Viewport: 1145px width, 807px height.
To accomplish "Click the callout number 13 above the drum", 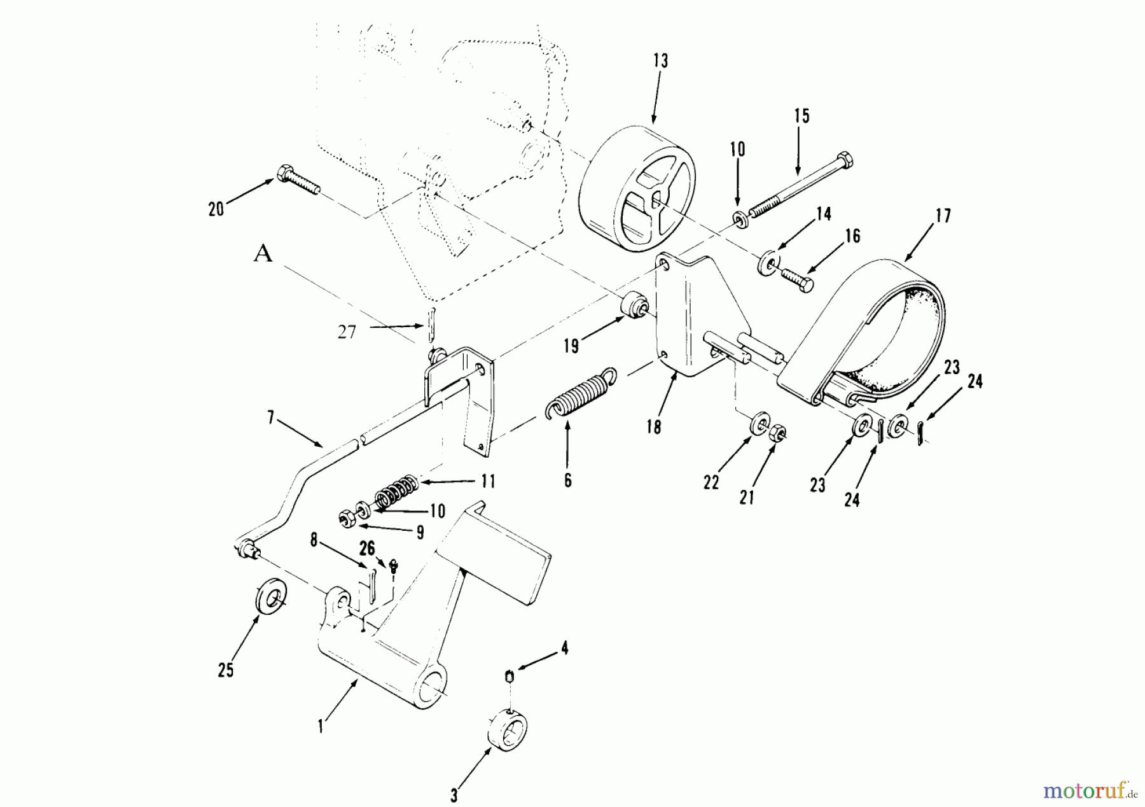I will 660,61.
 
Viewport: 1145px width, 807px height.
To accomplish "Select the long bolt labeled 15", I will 801,184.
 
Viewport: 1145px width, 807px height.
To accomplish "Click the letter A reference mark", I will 263,254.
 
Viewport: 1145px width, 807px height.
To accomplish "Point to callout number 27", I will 347,332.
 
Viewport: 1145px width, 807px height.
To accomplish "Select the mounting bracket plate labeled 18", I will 693,318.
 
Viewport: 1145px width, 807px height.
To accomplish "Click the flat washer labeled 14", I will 768,263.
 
